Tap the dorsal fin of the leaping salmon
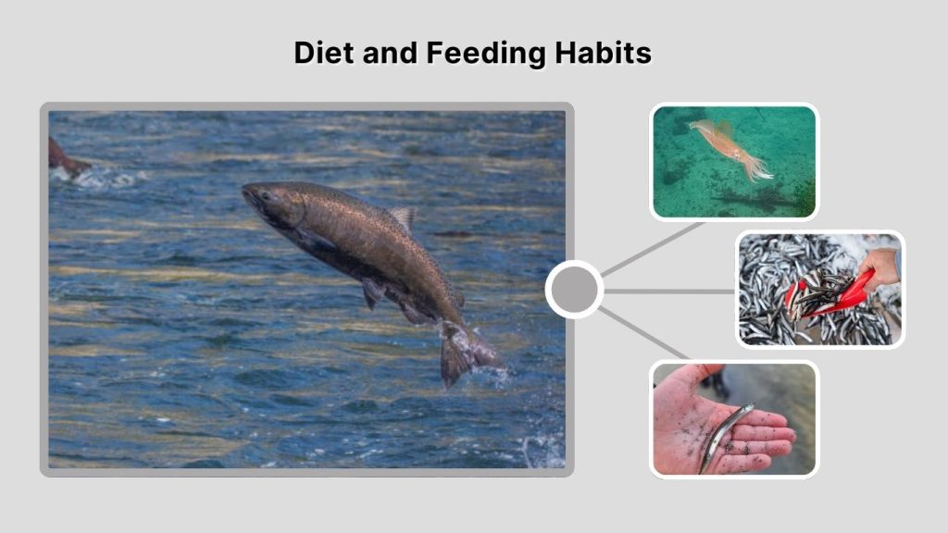(403, 218)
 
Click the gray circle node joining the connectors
(574, 290)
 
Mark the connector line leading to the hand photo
(644, 333)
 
